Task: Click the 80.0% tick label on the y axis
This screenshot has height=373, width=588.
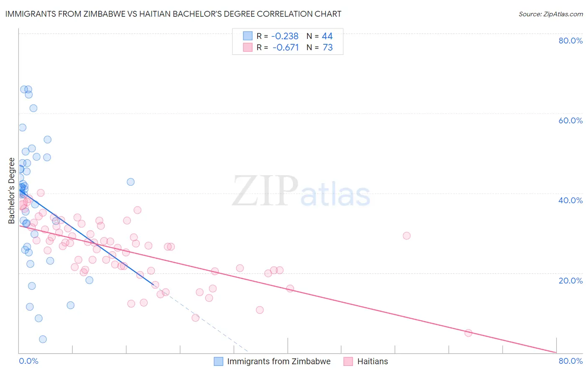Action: click(570, 41)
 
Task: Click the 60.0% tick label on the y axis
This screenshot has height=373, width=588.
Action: click(570, 120)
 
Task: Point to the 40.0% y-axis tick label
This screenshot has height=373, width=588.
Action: click(570, 200)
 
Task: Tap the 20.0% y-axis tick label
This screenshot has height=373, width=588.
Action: click(570, 281)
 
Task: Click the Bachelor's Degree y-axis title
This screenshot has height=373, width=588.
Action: click(12, 191)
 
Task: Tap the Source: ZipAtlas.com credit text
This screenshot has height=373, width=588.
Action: click(550, 14)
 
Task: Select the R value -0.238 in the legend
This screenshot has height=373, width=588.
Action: click(285, 36)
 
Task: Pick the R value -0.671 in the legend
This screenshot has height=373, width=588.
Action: click(286, 48)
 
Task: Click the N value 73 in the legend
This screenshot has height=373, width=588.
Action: click(327, 48)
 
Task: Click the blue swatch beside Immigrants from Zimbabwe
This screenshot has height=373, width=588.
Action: click(218, 361)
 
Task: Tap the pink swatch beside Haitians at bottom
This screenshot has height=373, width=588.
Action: click(348, 361)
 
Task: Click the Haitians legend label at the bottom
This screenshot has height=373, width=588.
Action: click(372, 361)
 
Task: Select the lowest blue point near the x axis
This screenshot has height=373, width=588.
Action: click(43, 339)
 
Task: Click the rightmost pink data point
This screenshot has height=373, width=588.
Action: click(468, 333)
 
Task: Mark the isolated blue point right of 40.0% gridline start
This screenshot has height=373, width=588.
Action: click(130, 182)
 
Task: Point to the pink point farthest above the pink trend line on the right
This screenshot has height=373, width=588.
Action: click(406, 236)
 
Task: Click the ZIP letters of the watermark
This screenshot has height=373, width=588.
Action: click(265, 191)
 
